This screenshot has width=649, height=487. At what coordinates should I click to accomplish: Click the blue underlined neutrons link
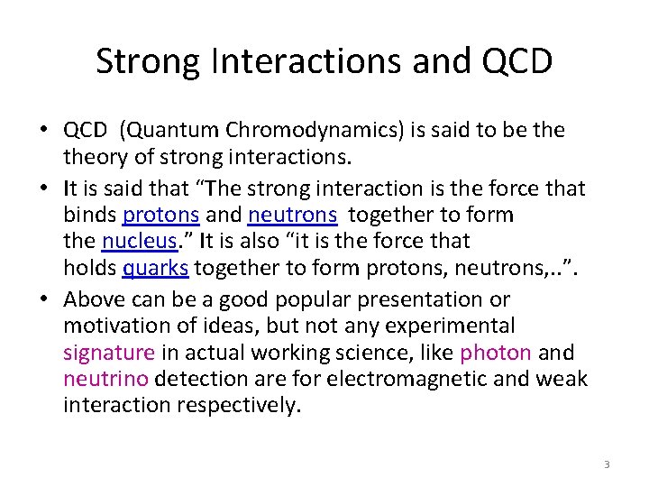[293, 216]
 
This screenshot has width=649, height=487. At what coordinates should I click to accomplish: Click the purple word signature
[108, 353]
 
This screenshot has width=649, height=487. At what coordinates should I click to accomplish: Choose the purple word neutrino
[101, 379]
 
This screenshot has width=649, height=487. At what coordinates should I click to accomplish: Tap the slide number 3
[607, 464]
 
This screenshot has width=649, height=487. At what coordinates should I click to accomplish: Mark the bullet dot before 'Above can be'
[43, 299]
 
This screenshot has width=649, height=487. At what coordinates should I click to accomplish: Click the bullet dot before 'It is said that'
[43, 188]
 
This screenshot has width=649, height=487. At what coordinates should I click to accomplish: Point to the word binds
[90, 216]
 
